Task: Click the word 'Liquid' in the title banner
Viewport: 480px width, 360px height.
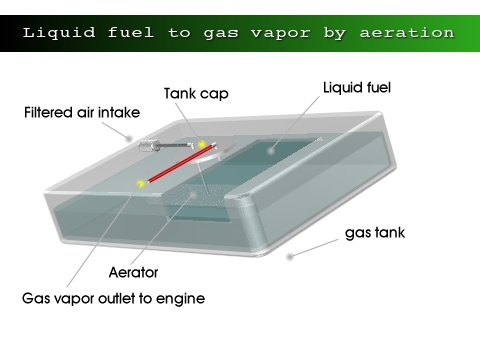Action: [56, 32]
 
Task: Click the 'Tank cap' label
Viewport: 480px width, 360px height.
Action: [197, 93]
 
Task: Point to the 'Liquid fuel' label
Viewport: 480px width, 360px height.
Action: [356, 88]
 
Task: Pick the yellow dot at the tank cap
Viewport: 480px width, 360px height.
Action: [203, 146]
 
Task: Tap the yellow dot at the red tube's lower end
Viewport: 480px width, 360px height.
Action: [142, 183]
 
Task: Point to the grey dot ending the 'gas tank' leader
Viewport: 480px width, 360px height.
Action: [291, 256]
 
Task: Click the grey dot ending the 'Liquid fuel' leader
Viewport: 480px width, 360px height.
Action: [269, 150]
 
